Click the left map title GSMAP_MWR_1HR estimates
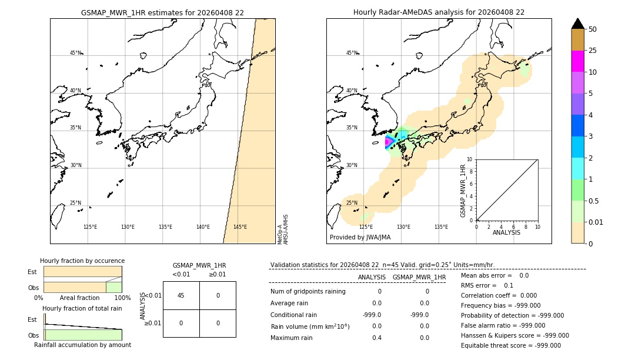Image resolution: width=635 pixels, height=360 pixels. tap(162, 12)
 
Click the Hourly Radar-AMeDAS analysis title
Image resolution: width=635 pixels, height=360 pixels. tap(439, 12)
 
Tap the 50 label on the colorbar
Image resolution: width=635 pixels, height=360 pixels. tap(593, 29)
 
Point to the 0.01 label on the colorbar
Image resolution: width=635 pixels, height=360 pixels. tap(597, 222)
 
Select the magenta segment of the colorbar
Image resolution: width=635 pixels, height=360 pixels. tap(578, 61)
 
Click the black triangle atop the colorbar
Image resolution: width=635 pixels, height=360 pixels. tap(578, 24)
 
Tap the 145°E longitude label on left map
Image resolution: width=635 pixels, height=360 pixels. tap(240, 227)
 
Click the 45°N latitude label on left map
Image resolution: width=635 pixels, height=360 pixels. tap(76, 53)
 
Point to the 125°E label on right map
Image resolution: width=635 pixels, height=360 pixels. tap(366, 227)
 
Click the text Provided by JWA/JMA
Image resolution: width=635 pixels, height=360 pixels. tap(360, 238)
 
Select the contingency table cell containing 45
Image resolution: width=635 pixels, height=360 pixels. tap(181, 295)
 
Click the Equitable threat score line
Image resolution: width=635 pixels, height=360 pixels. tap(511, 345)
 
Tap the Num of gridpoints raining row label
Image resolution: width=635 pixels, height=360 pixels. tap(308, 291)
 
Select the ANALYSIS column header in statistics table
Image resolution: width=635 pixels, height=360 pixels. tap(372, 277)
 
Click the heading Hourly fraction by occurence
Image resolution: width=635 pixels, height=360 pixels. tap(82, 261)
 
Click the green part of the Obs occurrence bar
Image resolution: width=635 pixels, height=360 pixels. tap(113, 287)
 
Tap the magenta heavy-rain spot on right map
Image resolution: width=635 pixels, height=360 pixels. tap(387, 142)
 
